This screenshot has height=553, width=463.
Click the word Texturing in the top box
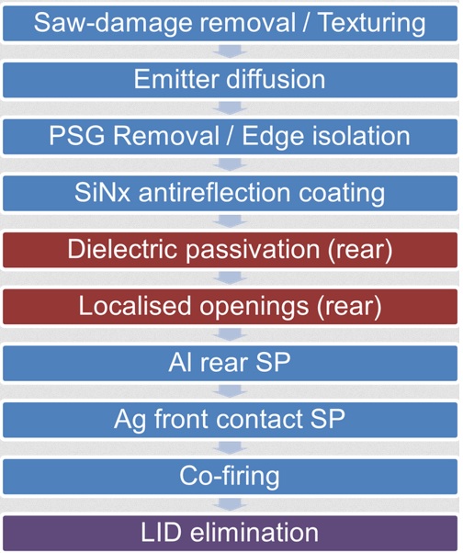pos(372,24)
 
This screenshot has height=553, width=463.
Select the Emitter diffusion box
pos(231,80)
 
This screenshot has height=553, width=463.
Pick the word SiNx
pos(102,193)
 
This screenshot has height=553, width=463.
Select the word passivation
pos(253,250)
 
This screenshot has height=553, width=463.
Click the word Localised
pos(135,305)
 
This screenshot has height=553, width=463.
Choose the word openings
pos(254,307)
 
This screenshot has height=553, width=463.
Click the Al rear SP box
pos(231,363)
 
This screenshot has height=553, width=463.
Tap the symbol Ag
pos(130,420)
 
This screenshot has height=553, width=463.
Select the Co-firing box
pos(231,477)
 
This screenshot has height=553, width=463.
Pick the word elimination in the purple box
pos(254,533)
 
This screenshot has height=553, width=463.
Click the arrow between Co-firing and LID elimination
pos(230,504)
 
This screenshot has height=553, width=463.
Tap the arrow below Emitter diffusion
pos(230,108)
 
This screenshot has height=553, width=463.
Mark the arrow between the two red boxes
pos(230,278)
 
